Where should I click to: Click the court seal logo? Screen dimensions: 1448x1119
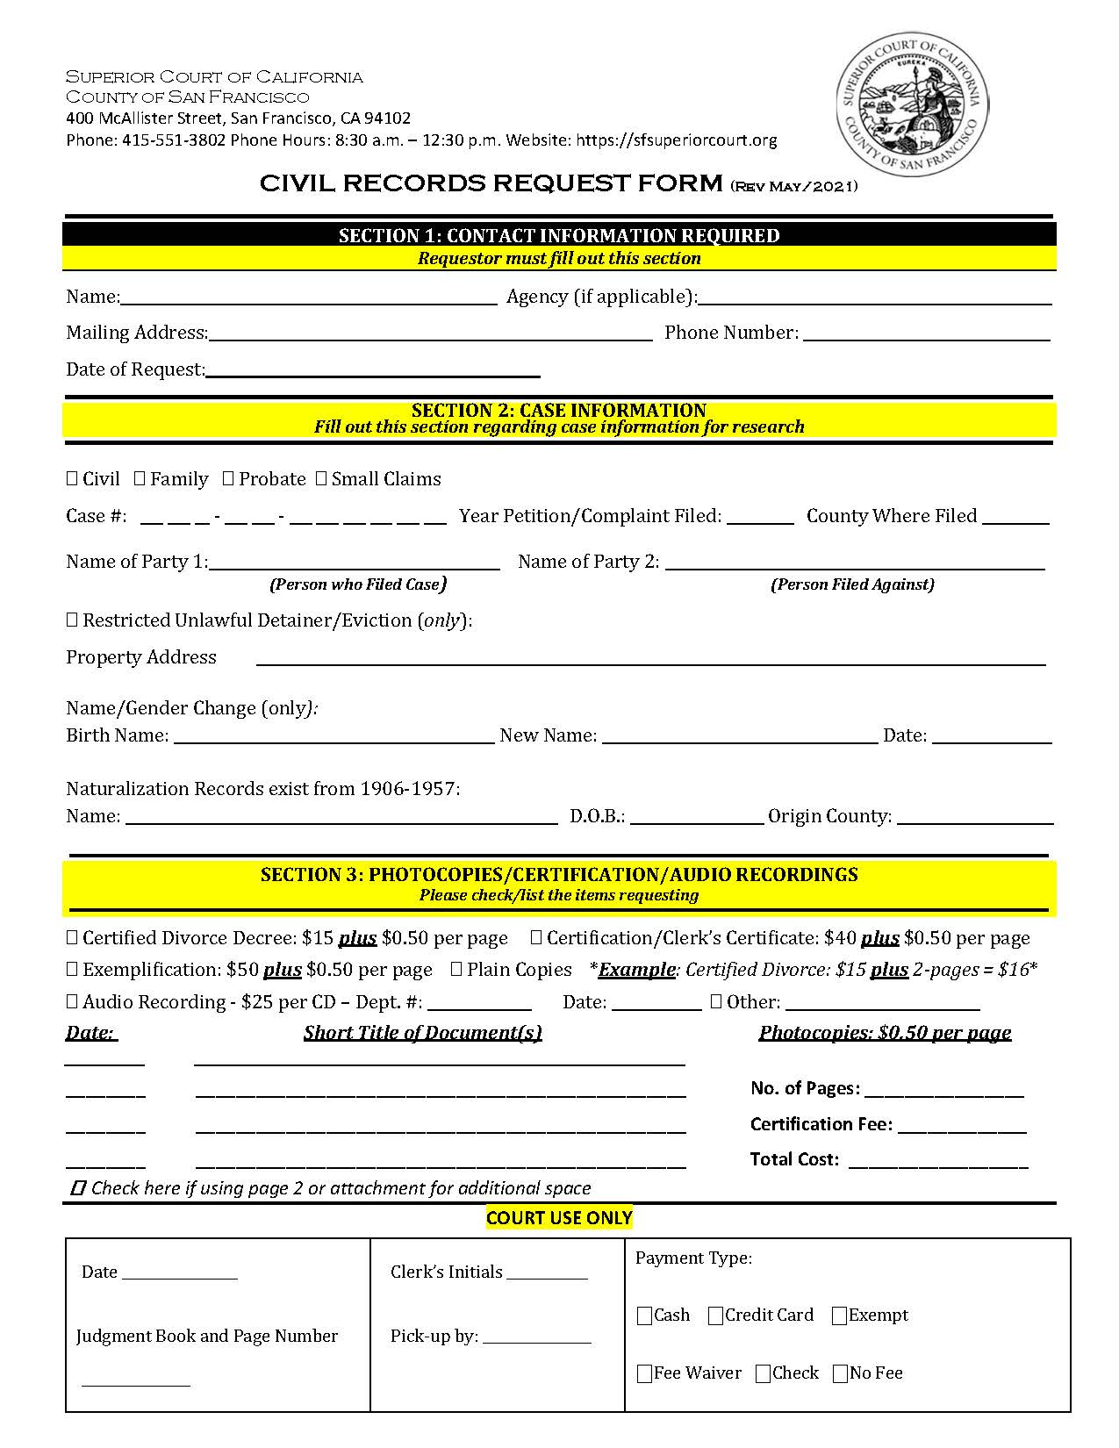[912, 104]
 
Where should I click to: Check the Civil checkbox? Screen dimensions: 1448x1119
[72, 478]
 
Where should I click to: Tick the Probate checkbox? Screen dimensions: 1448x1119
[228, 478]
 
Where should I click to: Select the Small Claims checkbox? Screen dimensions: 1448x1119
[321, 478]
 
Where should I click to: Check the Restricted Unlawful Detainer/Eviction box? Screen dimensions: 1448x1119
[72, 620]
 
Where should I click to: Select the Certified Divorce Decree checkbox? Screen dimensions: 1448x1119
[72, 937]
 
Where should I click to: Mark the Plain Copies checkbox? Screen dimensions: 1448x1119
[456, 969]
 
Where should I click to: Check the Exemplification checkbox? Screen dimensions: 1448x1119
[72, 969]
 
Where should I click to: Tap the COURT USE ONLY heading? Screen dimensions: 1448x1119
[559, 1218]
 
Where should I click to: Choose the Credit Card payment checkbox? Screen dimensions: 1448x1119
[715, 1315]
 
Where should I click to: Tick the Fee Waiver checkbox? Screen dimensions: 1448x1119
[645, 1373]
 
